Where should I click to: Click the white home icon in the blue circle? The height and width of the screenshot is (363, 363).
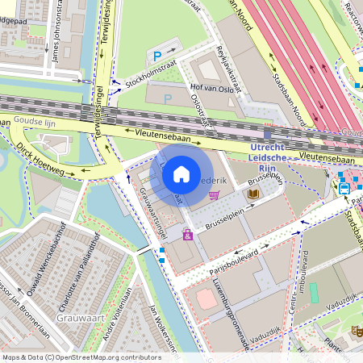coord(181,174)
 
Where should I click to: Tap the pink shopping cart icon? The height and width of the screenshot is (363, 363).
coord(214,194)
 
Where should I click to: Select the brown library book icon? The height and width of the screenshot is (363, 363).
coord(253,194)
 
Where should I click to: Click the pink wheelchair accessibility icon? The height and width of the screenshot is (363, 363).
coord(188,235)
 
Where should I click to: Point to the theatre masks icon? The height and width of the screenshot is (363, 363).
coord(356,331)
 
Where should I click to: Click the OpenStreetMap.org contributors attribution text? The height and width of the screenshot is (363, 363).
coord(105,357)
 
